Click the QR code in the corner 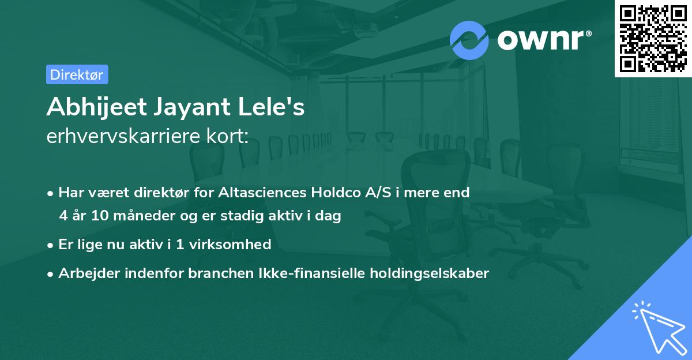(x=653, y=39)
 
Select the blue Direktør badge (x=77, y=74)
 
